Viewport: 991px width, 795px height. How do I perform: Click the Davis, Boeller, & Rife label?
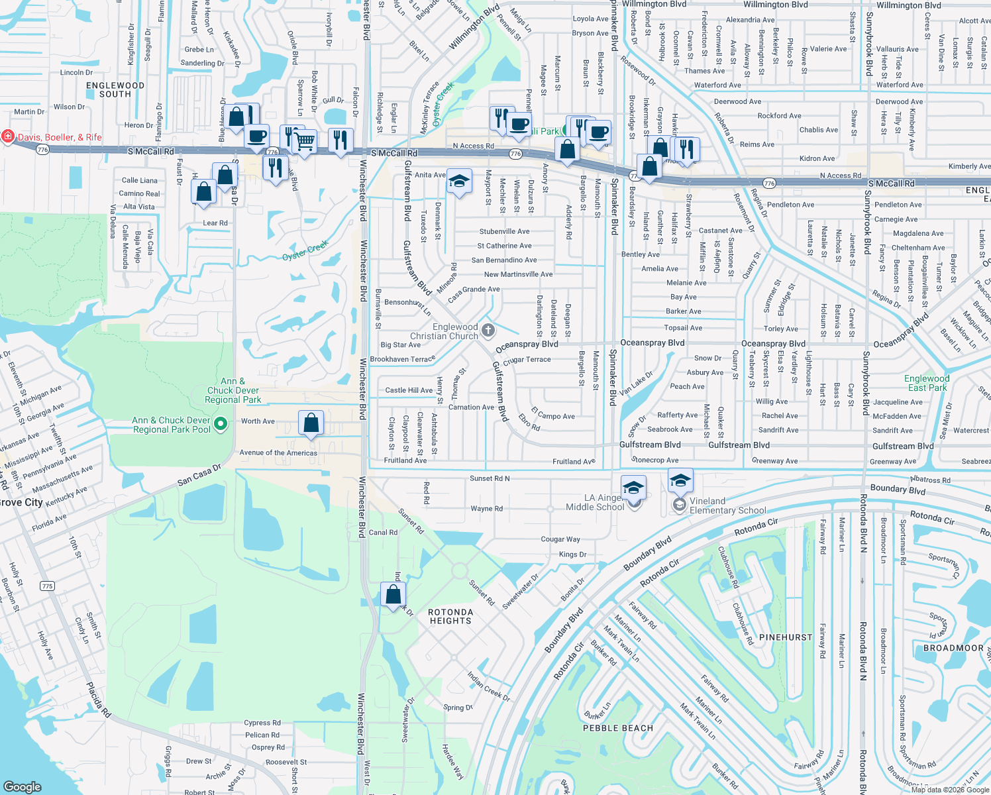[60, 137]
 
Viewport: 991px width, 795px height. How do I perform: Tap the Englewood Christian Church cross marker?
[488, 330]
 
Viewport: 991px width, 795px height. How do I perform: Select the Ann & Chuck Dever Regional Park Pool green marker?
[221, 423]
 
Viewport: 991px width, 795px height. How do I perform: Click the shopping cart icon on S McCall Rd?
[305, 140]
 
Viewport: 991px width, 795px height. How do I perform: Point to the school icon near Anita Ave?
[459, 181]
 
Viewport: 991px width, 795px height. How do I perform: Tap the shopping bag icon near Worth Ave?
[311, 423]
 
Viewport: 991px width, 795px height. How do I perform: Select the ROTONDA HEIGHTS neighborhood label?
[450, 617]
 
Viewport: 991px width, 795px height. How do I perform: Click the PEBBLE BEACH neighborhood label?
[618, 728]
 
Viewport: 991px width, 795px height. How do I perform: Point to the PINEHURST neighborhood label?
[786, 637]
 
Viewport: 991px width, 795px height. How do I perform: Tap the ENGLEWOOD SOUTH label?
[115, 90]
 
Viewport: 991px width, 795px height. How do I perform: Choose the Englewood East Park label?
[927, 383]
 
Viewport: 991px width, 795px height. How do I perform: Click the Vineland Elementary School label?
[727, 505]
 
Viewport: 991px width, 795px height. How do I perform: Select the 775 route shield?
[47, 586]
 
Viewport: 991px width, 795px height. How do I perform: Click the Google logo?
[23, 786]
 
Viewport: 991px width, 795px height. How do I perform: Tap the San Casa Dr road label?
[199, 476]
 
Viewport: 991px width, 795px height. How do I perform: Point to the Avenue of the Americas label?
[278, 453]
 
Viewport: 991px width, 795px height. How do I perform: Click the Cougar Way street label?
[560, 539]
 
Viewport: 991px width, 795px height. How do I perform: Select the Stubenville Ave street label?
[505, 232]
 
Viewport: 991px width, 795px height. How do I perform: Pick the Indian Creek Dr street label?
[489, 686]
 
